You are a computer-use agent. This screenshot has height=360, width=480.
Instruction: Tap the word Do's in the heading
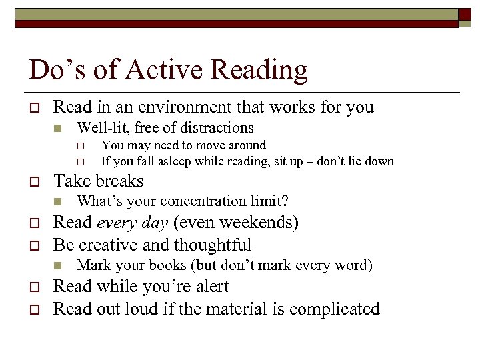coord(50,69)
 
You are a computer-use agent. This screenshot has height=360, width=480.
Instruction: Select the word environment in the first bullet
coord(165,107)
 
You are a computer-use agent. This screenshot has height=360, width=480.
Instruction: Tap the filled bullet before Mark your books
coord(58,266)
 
